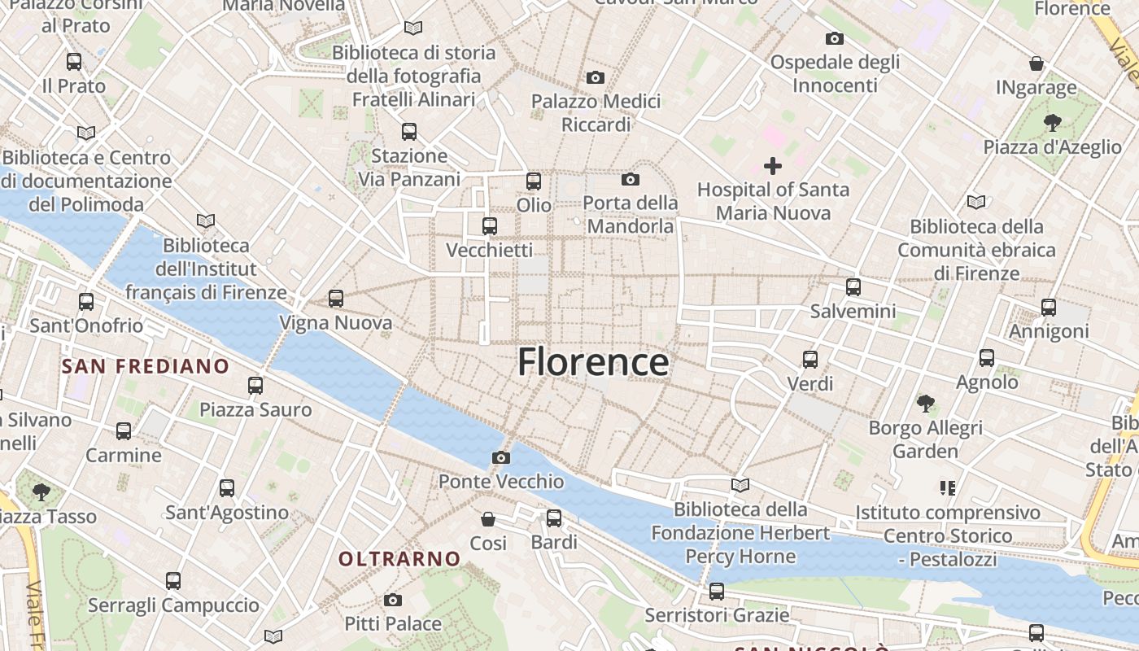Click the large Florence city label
click(593, 362)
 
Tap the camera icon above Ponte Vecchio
click(501, 457)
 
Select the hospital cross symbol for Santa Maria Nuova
click(773, 166)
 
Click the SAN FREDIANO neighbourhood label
click(146, 366)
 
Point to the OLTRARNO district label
click(399, 559)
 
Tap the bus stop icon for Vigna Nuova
click(336, 299)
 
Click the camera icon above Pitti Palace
click(393, 601)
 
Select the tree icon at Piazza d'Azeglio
click(1052, 123)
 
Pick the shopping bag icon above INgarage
click(1036, 63)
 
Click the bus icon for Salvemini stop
click(853, 286)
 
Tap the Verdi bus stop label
click(810, 383)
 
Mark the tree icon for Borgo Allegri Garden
click(925, 403)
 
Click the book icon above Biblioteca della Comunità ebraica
click(976, 201)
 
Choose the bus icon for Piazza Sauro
click(255, 385)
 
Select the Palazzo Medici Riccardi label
click(596, 113)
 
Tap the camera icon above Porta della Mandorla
click(631, 179)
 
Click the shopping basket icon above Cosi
click(488, 518)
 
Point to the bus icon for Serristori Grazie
click(716, 591)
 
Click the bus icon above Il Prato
click(74, 61)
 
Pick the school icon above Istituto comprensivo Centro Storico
click(947, 488)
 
